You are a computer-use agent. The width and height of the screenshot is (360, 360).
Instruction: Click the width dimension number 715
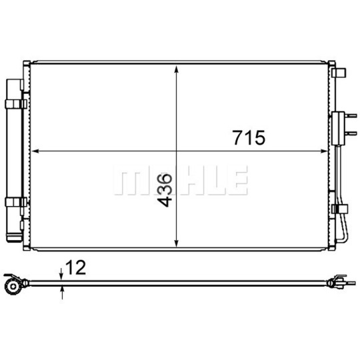tap(249, 138)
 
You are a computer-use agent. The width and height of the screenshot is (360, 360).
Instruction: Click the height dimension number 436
tap(165, 190)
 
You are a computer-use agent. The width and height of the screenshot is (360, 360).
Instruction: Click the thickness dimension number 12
tap(75, 267)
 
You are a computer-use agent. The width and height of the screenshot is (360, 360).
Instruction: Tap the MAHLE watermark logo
tap(181, 180)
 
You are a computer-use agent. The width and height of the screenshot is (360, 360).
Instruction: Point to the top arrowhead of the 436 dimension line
tap(176, 69)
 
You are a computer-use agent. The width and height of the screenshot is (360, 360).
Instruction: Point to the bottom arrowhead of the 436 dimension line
tap(176, 243)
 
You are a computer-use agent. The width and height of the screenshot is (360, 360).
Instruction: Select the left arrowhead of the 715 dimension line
tap(35, 151)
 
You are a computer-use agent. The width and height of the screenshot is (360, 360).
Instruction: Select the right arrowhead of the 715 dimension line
tap(324, 151)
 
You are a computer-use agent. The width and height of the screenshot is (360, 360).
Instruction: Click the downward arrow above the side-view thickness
tap(61, 274)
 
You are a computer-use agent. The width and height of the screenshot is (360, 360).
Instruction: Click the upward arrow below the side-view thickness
tap(62, 293)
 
